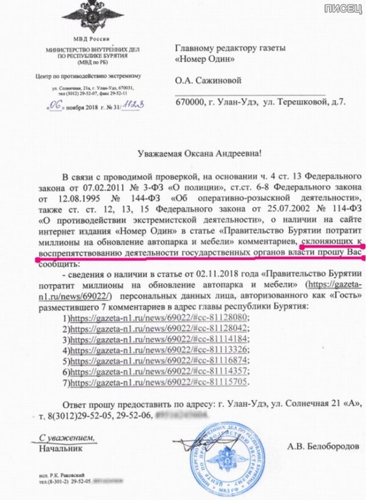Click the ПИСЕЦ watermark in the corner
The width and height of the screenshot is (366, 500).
pos(345,8)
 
